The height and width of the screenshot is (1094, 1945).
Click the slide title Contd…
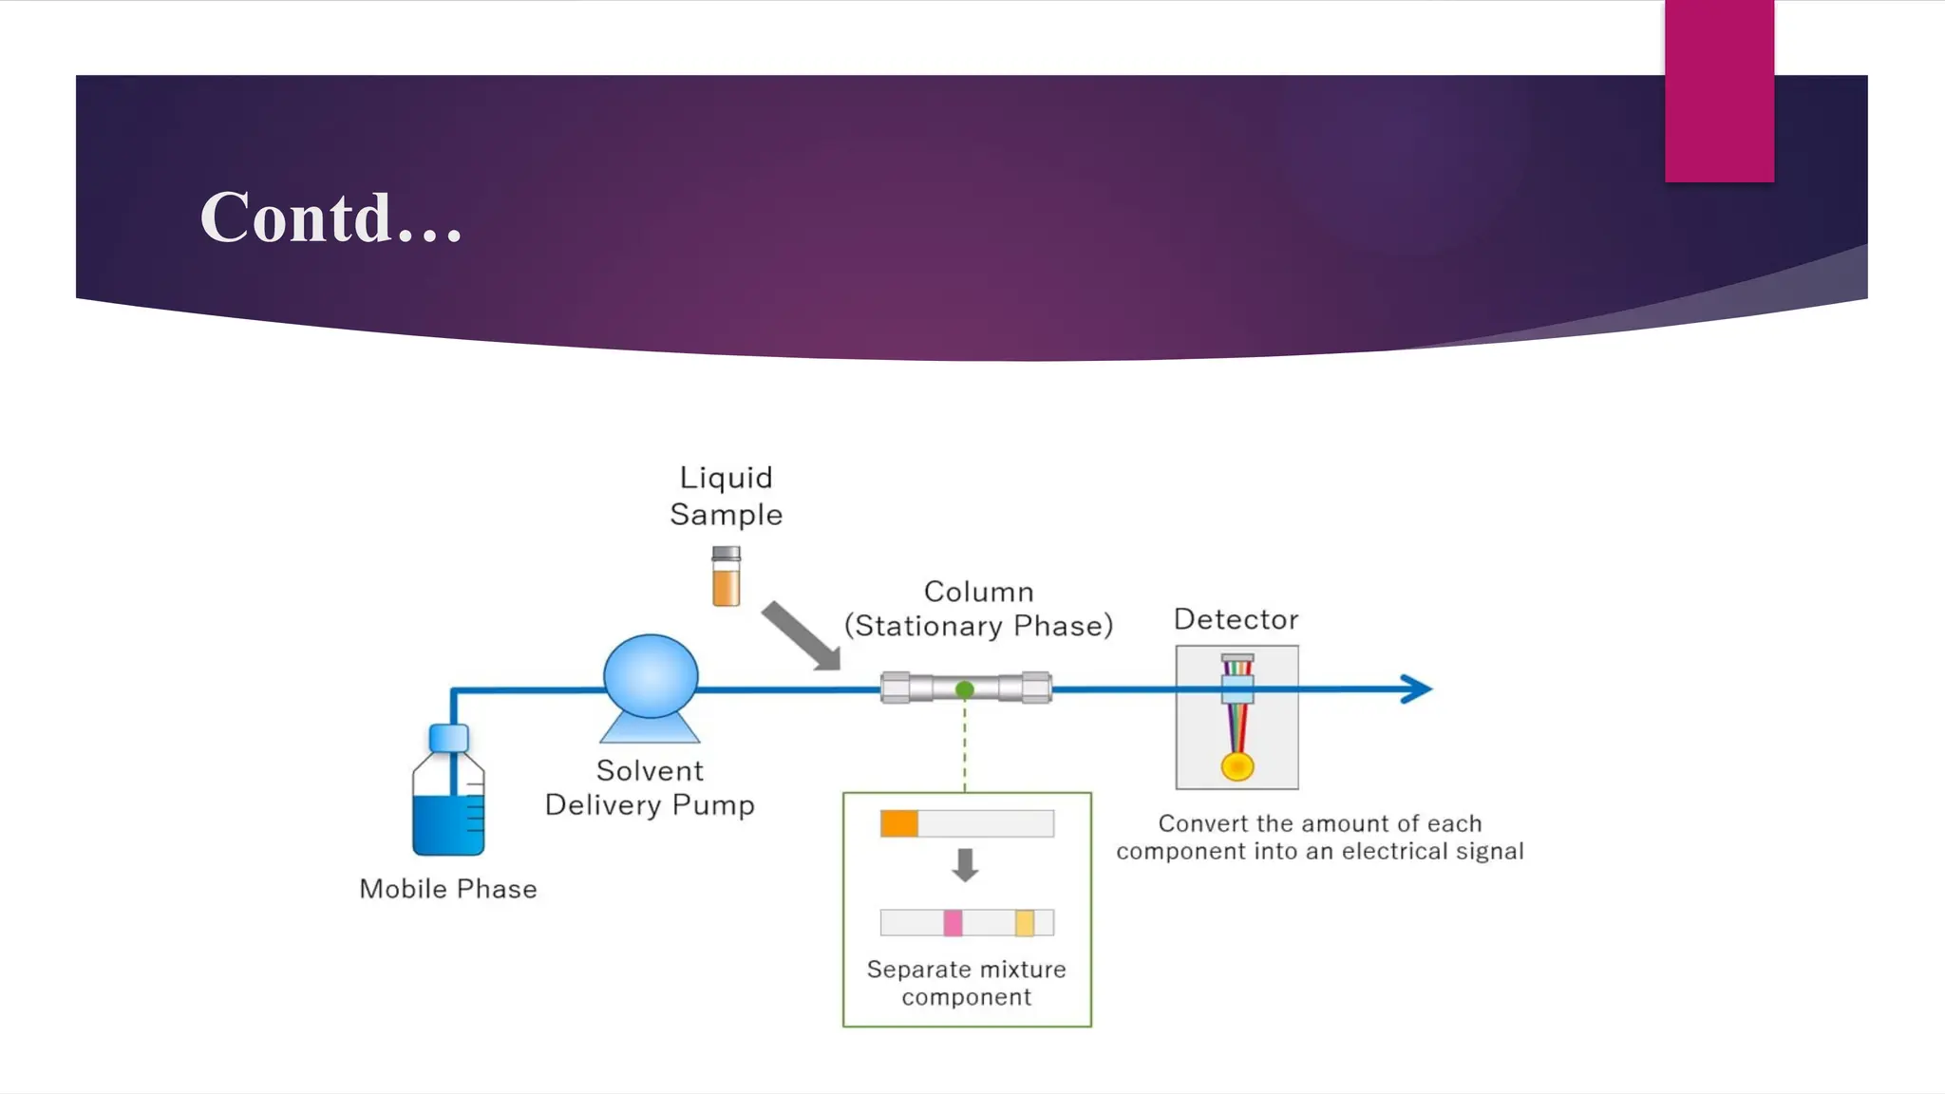(x=331, y=217)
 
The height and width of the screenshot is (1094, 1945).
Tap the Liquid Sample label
(x=727, y=496)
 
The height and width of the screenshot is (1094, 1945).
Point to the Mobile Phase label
(x=448, y=889)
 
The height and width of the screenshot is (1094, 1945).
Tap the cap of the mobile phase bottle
(x=448, y=738)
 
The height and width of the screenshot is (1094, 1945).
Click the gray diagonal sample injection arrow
(x=800, y=634)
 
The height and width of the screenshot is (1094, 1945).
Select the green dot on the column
(x=965, y=689)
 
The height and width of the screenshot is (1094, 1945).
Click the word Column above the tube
(x=979, y=592)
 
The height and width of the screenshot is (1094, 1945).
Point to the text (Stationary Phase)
(x=979, y=626)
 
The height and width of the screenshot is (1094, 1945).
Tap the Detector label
(x=1237, y=619)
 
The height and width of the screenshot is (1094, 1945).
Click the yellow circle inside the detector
(x=1237, y=766)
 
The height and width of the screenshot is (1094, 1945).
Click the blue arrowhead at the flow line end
(x=1416, y=689)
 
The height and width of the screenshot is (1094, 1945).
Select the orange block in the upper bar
(x=899, y=823)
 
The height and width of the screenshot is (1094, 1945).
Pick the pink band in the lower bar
(x=953, y=922)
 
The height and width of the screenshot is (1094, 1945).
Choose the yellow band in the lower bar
(x=1025, y=922)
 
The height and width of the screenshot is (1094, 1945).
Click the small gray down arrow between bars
(x=966, y=864)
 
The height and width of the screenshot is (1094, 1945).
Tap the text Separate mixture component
(x=967, y=983)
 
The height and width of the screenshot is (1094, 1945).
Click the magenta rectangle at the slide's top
(x=1719, y=91)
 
